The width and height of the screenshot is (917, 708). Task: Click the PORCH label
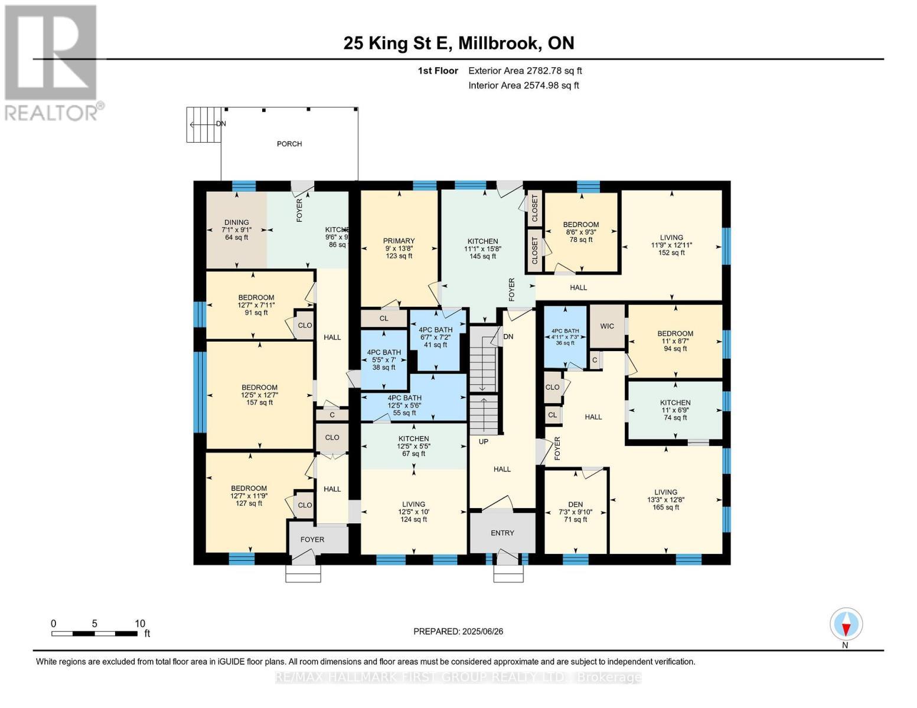click(x=289, y=144)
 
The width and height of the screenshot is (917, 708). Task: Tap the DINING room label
click(x=236, y=223)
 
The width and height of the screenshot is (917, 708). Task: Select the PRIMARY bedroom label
click(x=399, y=241)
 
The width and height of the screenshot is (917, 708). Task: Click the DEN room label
click(x=575, y=504)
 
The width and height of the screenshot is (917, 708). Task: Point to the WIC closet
click(x=607, y=326)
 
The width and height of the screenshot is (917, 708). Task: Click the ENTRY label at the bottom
click(x=502, y=533)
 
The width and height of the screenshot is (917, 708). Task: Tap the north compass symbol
click(x=846, y=624)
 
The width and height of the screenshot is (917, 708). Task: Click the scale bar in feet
click(x=94, y=634)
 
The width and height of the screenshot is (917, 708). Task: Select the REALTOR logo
click(x=52, y=63)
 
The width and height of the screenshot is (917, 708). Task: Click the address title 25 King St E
click(x=459, y=43)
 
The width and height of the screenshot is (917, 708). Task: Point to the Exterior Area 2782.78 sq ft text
click(x=525, y=71)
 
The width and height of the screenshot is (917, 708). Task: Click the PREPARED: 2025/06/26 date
click(x=458, y=631)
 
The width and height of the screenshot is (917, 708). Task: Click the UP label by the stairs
click(x=484, y=441)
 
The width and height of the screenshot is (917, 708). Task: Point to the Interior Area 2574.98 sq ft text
click(x=523, y=86)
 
